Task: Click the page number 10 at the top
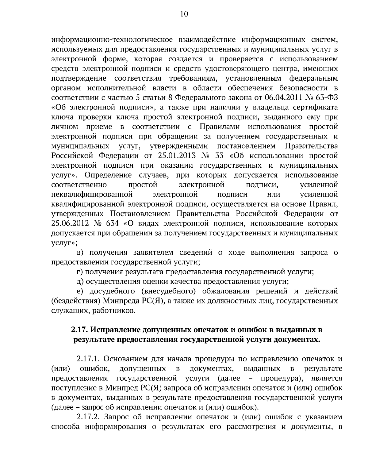coord(184,14)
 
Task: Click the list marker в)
coord(80,253)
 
